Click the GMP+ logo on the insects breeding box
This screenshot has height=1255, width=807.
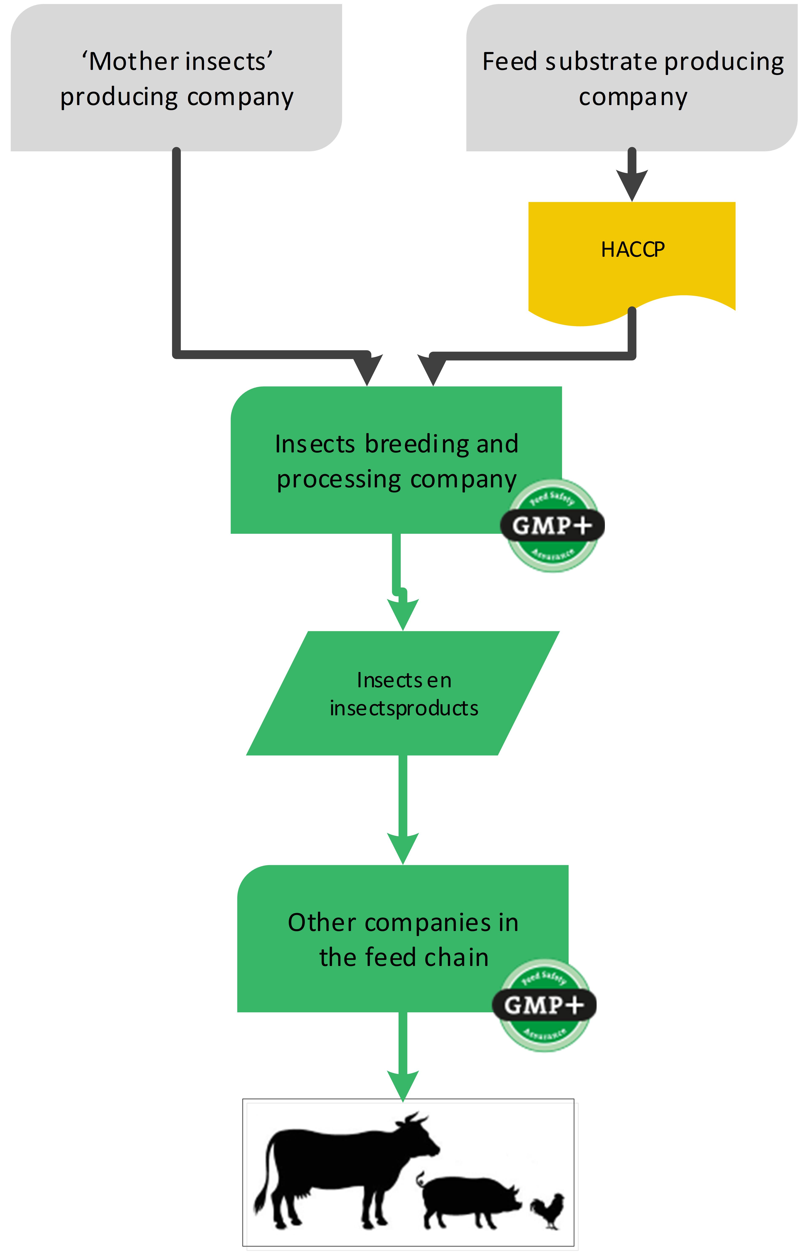552,525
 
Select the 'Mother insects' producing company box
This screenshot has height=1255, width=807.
176,79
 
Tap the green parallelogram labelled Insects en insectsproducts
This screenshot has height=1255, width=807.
403,693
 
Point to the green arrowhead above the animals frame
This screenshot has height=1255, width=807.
403,1085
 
